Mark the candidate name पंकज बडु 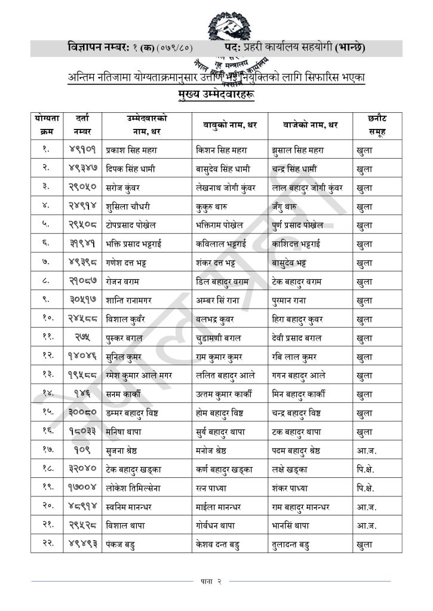coord(121,544)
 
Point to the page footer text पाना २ coord(211,581)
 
